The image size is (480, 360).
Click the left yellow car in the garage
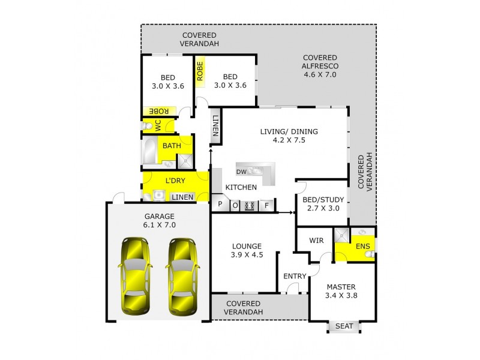point(136,276)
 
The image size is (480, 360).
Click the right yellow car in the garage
point(183,276)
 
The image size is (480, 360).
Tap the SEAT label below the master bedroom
point(344,326)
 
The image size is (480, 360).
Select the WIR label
point(316,240)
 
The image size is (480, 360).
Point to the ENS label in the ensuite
point(362,246)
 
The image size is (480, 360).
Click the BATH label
point(172,145)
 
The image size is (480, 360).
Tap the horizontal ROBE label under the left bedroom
point(158,111)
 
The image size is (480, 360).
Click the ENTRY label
point(295,276)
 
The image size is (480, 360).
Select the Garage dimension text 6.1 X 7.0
point(159,225)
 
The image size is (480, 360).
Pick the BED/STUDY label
point(322,199)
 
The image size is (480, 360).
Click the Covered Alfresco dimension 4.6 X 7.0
point(321,75)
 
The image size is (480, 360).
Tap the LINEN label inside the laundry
point(183,197)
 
